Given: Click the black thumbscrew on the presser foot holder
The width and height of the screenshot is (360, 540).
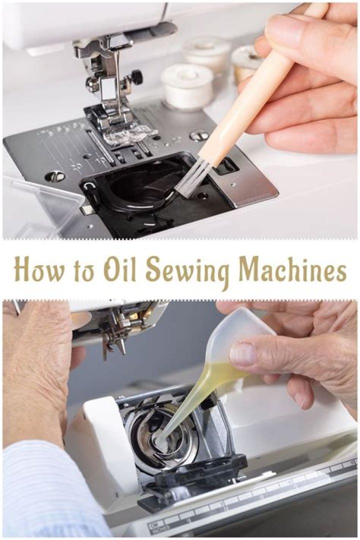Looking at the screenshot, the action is [137, 74].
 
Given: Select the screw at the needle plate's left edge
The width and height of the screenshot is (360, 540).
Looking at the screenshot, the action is [52, 174].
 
